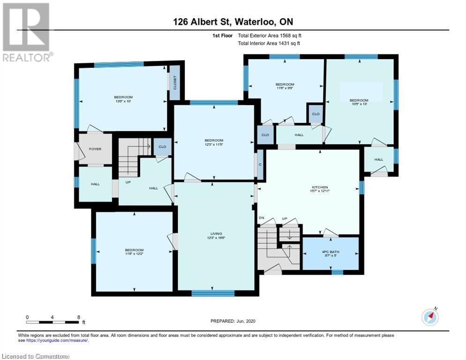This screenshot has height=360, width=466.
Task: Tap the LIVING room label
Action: coord(216,234)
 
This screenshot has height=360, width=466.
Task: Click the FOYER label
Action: coord(95,149)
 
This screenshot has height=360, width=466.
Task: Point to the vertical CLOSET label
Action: coord(175,83)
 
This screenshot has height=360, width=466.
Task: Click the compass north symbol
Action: coord(429,317)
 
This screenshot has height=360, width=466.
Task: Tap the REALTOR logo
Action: coord(27,32)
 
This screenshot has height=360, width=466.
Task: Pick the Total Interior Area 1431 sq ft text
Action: coord(269,43)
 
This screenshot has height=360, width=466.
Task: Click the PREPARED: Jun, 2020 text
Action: coord(233,321)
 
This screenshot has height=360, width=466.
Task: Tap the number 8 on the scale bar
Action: coord(78,317)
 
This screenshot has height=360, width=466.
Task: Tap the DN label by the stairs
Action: coord(262,218)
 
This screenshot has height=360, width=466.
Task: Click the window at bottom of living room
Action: coord(213,293)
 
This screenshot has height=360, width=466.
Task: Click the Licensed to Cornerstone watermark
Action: coord(35,356)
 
